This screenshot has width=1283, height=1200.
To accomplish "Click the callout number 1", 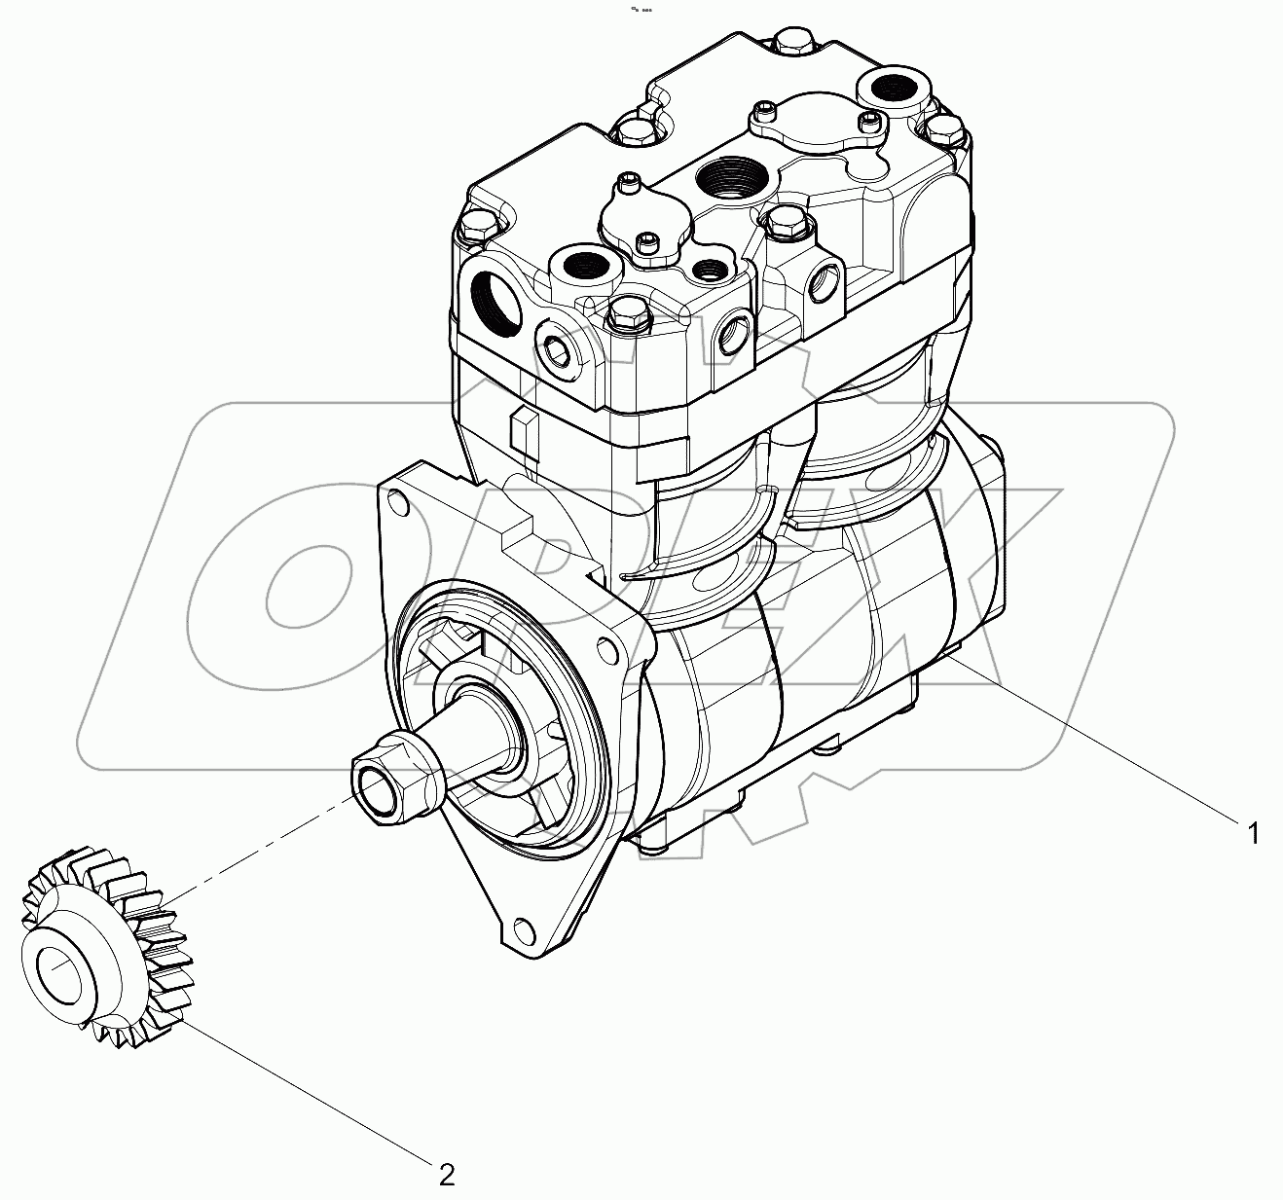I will [x=1253, y=833].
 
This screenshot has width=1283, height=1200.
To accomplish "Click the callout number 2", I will [x=447, y=1175].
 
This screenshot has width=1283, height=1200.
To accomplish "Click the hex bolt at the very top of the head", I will [x=795, y=43].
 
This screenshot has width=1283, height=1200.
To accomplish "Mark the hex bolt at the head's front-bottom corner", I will [x=625, y=317].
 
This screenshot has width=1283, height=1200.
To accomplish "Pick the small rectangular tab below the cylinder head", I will [x=523, y=433].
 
